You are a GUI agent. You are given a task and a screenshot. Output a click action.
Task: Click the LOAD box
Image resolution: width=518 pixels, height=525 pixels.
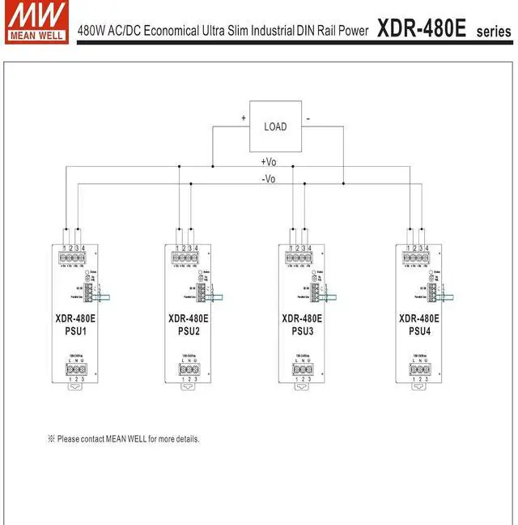[275, 126]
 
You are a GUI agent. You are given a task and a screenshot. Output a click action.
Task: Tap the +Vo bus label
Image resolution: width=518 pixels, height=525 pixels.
[269, 163]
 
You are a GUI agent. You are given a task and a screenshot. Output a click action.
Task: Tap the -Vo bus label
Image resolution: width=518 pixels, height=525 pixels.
[269, 179]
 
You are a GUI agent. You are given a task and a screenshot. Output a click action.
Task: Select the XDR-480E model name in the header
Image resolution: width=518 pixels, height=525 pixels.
[422, 29]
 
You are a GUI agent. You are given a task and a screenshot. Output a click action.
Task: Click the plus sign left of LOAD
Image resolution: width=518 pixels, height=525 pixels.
[244, 118]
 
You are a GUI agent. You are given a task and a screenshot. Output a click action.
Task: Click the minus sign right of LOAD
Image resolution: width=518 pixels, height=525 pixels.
[308, 118]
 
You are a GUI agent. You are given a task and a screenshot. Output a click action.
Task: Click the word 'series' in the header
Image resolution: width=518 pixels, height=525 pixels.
[494, 32]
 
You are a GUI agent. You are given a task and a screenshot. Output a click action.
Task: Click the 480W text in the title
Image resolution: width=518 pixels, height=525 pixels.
[91, 32]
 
